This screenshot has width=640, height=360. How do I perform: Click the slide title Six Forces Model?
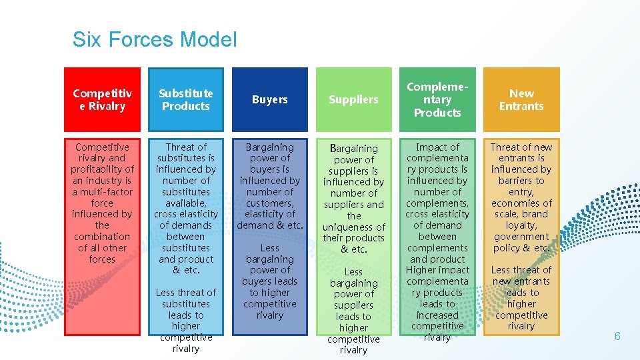click(155, 39)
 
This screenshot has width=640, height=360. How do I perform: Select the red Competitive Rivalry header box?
click(103, 99)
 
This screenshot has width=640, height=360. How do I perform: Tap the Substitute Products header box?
click(186, 99)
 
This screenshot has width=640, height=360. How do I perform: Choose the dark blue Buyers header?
click(270, 99)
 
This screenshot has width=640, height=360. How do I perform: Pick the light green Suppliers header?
click(353, 99)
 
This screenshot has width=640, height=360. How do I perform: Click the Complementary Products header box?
click(437, 99)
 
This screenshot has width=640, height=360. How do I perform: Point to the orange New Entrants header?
click(521, 99)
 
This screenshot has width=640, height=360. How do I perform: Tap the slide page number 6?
click(617, 336)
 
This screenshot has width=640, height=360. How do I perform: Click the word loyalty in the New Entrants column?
click(521, 225)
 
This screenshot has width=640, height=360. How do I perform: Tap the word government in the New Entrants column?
click(521, 237)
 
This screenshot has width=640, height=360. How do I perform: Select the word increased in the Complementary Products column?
click(437, 315)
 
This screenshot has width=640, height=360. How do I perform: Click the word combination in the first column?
click(102, 237)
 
